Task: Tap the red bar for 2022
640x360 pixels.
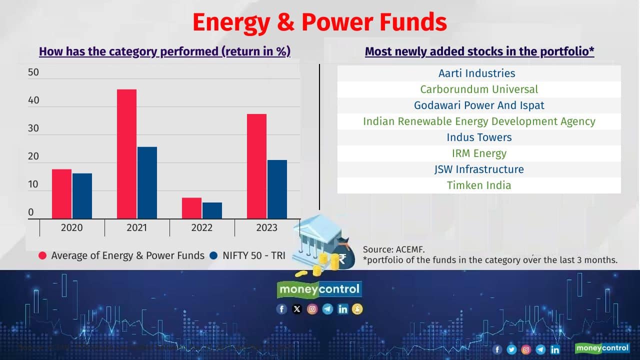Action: [191, 208]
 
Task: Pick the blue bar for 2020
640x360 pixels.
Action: [82, 196]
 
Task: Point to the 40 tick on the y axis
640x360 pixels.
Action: [33, 100]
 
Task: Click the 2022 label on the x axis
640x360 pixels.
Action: [201, 228]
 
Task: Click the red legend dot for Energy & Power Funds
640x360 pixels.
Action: [42, 255]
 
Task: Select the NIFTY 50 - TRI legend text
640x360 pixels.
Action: [254, 255]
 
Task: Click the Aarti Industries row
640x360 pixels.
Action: [476, 73]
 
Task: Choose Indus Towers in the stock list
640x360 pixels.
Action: [479, 137]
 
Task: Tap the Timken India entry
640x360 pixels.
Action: [479, 185]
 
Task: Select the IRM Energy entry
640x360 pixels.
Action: [479, 153]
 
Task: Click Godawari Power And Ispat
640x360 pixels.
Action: [479, 105]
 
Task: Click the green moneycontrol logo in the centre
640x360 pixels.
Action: [319, 289]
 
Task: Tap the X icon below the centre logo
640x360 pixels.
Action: [297, 309]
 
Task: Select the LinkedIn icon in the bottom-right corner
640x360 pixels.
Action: [555, 349]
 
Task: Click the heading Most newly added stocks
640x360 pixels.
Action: [479, 51]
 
